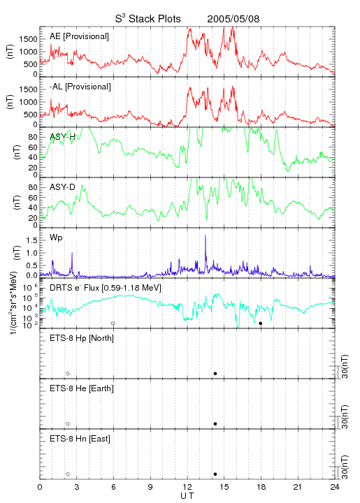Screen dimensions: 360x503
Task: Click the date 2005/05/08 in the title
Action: pyautogui.click(x=233, y=19)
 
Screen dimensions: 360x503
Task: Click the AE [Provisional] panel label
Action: pyautogui.click(x=79, y=36)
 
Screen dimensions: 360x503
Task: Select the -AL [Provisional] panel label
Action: pyautogui.click(x=80, y=87)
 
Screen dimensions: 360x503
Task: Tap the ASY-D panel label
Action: pyautogui.click(x=62, y=187)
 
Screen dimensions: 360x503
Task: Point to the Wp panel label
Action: pyautogui.click(x=56, y=238)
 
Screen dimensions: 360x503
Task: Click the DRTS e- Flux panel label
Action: pyautogui.click(x=106, y=288)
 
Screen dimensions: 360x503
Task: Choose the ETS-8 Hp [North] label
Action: pyautogui.click(x=82, y=338)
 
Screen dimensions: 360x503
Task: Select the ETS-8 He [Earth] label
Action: pyautogui.click(x=82, y=388)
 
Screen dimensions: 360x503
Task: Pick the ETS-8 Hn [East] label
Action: pyautogui.click(x=80, y=439)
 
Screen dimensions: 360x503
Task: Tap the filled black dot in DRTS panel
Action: pyautogui.click(x=261, y=323)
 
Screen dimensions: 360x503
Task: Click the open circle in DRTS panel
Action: pyautogui.click(x=113, y=323)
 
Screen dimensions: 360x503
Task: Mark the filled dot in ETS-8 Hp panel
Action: pyautogui.click(x=215, y=373)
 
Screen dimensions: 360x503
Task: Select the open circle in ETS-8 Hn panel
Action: pyautogui.click(x=68, y=474)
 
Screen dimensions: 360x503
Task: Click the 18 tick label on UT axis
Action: pyautogui.click(x=261, y=487)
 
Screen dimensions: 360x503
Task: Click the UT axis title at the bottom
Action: pyautogui.click(x=187, y=496)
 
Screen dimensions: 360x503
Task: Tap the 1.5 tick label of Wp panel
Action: pyautogui.click(x=31, y=240)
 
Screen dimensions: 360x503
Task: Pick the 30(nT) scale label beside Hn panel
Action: pyautogui.click(x=345, y=467)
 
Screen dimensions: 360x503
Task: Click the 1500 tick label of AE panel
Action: pyautogui.click(x=29, y=39)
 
